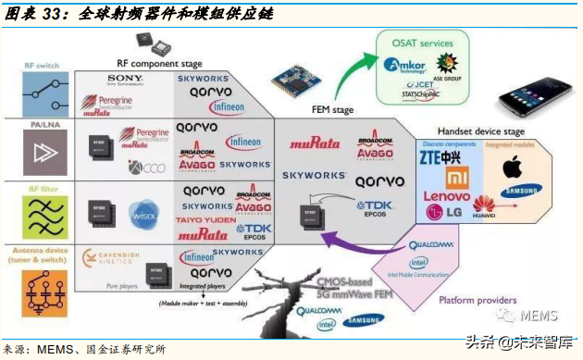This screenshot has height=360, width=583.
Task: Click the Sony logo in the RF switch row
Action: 124,80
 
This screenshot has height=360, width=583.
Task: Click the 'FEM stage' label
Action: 330,110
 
